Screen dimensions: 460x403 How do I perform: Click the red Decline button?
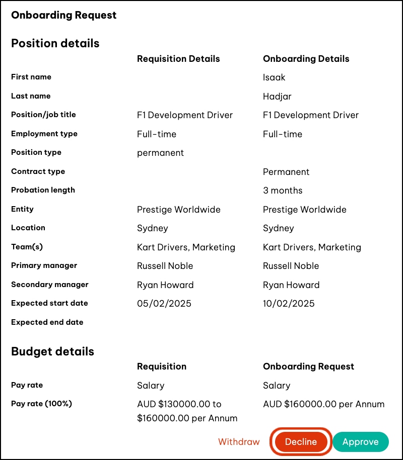coord(301,442)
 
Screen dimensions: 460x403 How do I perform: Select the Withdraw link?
coord(239,442)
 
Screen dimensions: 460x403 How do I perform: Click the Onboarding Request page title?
coord(64,15)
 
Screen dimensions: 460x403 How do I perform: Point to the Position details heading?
coord(55,43)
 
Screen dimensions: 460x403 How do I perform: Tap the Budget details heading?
coord(52,351)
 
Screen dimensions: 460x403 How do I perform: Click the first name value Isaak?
coord(274,77)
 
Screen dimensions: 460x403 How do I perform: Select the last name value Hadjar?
coord(277,97)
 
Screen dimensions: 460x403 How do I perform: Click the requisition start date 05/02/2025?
coord(164,304)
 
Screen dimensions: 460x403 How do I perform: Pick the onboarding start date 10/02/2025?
coord(289,304)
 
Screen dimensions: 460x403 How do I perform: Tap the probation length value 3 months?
coord(283,191)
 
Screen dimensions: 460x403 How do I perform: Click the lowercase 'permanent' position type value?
coord(160,153)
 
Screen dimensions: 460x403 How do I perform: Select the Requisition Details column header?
coord(178,59)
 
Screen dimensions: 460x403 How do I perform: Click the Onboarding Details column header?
coord(306,59)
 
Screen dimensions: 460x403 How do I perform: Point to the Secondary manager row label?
coord(50,285)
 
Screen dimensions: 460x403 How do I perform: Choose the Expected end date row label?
coord(47,322)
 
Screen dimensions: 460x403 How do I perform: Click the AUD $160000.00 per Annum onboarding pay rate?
coord(323,404)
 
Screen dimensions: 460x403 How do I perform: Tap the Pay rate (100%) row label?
coord(41,404)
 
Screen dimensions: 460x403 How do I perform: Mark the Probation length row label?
coord(43,190)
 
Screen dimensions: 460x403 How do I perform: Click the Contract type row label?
coord(38,171)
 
